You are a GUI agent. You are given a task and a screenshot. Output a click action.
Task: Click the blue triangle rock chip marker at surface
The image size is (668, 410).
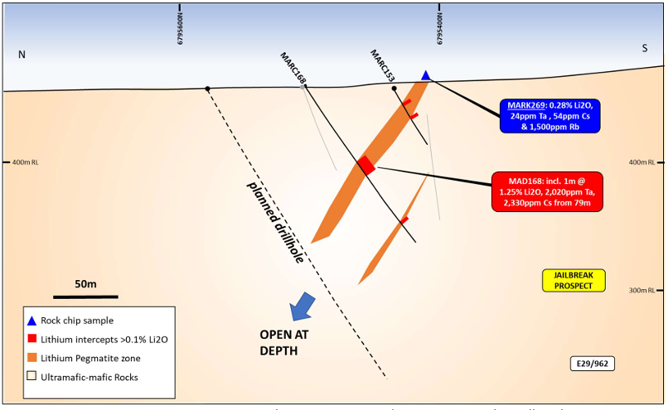(426, 75)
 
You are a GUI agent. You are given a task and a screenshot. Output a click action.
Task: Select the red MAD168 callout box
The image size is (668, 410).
(546, 193)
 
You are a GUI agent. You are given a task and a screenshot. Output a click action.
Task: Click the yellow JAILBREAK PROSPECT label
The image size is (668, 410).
(574, 280)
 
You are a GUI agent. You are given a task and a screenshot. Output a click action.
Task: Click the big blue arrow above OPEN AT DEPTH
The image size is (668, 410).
(303, 306)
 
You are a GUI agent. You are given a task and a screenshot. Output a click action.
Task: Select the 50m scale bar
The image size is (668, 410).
(85, 296)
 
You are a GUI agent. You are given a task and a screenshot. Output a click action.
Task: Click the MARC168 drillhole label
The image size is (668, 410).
(293, 68)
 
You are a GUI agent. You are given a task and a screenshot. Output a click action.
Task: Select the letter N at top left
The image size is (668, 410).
(22, 55)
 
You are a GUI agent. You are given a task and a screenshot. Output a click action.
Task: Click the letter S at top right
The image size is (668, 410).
(643, 48)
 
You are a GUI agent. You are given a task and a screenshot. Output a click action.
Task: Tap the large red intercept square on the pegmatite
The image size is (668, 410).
(365, 164)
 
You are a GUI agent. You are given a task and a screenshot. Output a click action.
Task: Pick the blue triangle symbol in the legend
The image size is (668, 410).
(31, 321)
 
